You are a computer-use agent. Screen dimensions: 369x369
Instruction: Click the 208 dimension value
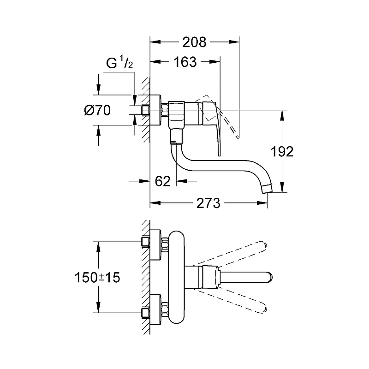[x=194, y=42]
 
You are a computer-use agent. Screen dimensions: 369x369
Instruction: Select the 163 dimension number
[x=185, y=62]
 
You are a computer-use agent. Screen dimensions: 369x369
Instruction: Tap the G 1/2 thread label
[x=119, y=62]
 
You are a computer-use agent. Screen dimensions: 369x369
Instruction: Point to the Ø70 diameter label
[x=97, y=110]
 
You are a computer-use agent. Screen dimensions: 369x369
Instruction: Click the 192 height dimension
[x=282, y=152]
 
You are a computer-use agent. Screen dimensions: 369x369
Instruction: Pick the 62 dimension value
[x=163, y=181]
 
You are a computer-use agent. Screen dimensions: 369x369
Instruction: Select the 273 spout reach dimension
[x=208, y=203]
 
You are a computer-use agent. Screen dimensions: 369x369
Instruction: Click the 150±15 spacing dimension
[x=97, y=277]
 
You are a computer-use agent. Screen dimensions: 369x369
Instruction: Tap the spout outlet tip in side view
[x=268, y=189]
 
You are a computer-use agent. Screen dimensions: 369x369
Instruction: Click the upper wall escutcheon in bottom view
[x=155, y=245]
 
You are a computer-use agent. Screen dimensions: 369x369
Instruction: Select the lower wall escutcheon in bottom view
[x=155, y=310]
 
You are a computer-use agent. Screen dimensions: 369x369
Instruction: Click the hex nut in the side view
[x=165, y=110]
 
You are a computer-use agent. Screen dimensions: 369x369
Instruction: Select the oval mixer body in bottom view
[x=177, y=277]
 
